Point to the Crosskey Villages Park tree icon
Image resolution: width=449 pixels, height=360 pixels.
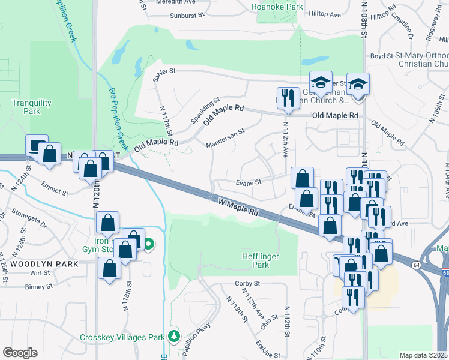point(174,336)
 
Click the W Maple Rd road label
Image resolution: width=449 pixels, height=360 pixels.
point(238,208)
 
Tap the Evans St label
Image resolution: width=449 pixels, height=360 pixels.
point(249,182)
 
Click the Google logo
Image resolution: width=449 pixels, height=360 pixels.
point(19,352)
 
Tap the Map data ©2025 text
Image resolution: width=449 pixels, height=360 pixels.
point(424,355)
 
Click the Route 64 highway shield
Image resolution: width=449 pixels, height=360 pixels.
point(417,264)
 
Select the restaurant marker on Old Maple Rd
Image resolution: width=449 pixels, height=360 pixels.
point(288,97)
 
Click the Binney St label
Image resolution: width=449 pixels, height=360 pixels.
point(39,287)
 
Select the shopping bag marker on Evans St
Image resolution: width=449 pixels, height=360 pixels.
point(302,177)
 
